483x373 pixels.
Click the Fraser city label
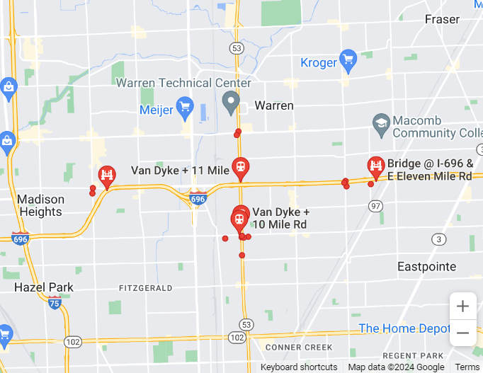click(442, 19)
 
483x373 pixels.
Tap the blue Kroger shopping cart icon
click(347, 61)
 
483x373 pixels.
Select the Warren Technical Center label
click(183, 83)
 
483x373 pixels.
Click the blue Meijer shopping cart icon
click(185, 107)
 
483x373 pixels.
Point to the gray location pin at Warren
click(231, 103)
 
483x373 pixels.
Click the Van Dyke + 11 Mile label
click(180, 171)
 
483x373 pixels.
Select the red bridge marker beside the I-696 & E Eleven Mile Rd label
click(375, 167)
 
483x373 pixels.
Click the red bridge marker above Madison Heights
click(107, 176)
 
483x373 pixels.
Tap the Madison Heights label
click(40, 205)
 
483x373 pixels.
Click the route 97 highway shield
click(375, 205)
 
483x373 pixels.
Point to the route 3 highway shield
click(440, 240)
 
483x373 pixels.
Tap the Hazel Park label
click(44, 287)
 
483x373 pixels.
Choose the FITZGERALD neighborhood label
click(146, 288)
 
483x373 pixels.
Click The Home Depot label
click(404, 328)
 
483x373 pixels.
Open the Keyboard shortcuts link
click(299, 367)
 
